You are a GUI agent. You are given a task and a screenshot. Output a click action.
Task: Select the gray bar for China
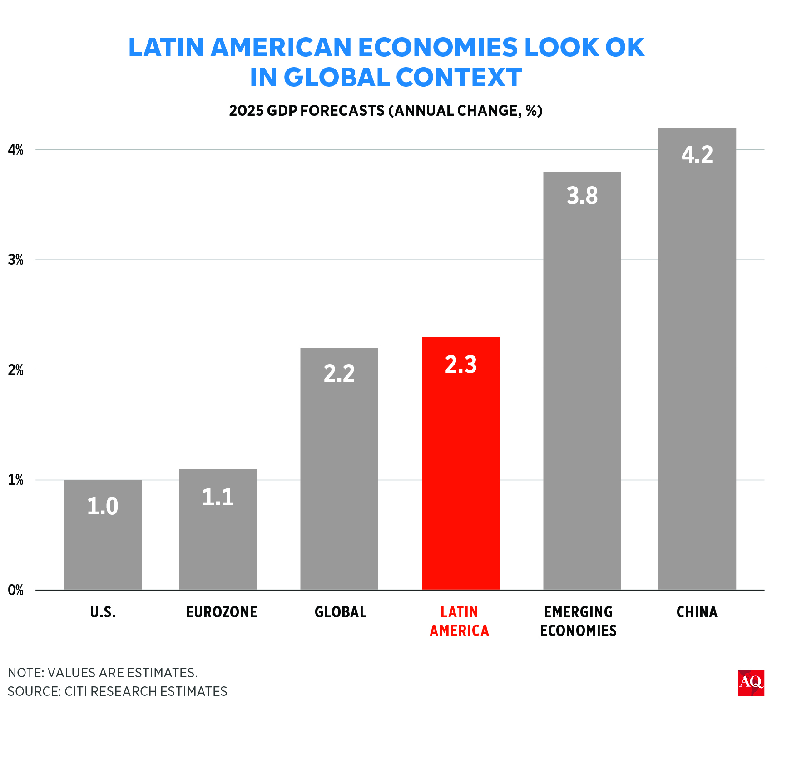[x=697, y=363]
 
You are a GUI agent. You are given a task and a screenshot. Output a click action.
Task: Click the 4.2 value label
[x=697, y=155]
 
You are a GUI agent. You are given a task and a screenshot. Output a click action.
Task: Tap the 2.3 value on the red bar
[x=460, y=365]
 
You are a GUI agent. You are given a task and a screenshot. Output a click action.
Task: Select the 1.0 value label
[x=103, y=506]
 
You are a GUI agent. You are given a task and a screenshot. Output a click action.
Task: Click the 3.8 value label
[x=582, y=196]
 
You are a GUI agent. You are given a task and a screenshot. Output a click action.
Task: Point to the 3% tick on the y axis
[x=15, y=260]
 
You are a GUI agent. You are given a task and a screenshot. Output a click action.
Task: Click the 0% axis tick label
[x=15, y=590]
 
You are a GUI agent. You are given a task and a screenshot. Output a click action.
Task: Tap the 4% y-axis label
[x=15, y=150]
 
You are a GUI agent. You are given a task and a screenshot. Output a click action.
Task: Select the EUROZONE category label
[x=222, y=612]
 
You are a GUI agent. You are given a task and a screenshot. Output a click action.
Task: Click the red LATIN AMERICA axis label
[x=460, y=621]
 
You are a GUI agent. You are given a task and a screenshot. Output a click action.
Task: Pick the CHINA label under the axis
[x=697, y=612]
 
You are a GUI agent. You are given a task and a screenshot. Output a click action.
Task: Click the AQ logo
[x=751, y=683]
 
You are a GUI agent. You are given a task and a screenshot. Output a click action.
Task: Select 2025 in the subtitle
[x=246, y=111]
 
